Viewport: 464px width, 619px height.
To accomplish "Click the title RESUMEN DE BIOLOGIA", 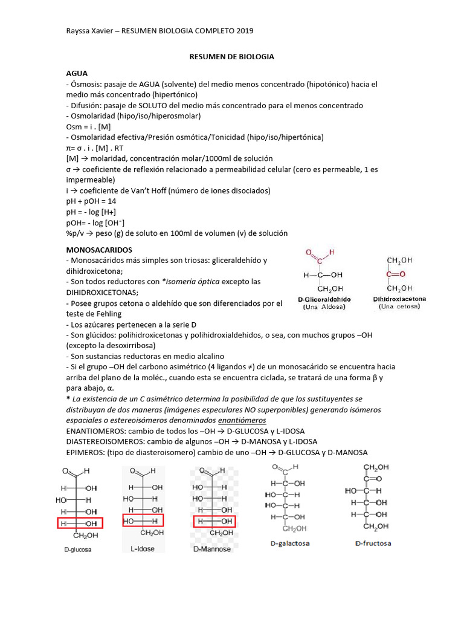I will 232,56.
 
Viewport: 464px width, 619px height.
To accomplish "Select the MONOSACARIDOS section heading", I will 99,249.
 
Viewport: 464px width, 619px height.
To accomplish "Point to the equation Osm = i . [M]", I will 88,126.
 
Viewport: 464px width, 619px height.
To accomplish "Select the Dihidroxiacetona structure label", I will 399,299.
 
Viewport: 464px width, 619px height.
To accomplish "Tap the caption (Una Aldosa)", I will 324,307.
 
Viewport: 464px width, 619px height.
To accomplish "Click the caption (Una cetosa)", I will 399,307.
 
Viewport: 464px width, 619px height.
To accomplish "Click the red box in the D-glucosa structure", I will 80,523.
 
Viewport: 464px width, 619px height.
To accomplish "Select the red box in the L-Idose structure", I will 143,520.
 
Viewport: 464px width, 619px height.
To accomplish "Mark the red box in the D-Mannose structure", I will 214,521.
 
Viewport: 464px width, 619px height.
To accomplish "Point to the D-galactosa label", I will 290,543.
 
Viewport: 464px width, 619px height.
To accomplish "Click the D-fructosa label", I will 373,543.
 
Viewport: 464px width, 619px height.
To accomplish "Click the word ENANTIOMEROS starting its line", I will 96,431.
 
